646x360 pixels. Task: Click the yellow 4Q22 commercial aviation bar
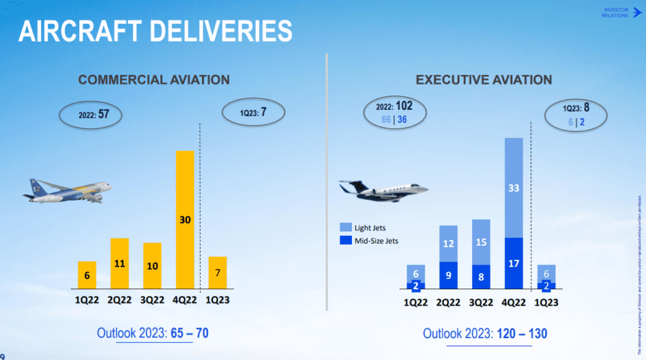tap(185, 219)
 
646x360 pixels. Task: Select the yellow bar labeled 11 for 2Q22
tap(120, 263)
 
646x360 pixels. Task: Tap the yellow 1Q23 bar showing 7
tap(217, 272)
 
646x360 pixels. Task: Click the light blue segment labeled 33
tap(513, 188)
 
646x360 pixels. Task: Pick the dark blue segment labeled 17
tap(513, 263)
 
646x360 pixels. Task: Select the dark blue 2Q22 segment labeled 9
tap(448, 275)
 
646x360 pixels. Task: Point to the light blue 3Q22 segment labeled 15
tap(481, 242)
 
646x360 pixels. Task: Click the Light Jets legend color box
tap(346, 227)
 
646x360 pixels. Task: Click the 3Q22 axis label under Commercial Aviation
tap(152, 300)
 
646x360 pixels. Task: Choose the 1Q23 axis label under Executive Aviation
tap(546, 301)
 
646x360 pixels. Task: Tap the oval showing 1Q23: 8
tap(574, 114)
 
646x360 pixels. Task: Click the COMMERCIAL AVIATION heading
tap(154, 80)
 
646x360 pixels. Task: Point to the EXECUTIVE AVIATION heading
tap(484, 80)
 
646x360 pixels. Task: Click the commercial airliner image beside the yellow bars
tap(67, 190)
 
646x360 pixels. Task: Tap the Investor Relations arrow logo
tap(635, 12)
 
